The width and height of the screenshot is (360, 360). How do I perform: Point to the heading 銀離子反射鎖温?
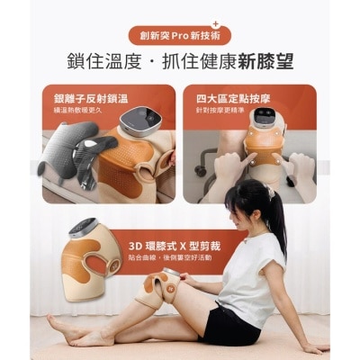84,98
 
